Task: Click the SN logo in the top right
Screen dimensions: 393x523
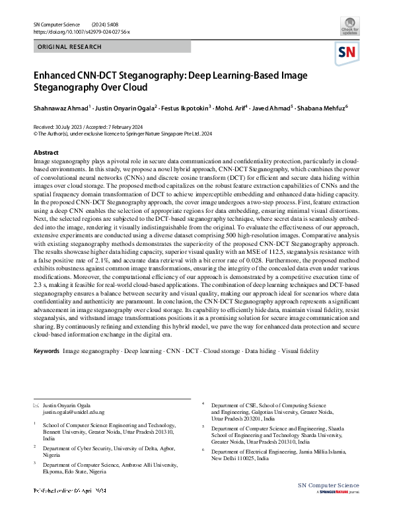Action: coord(348,53)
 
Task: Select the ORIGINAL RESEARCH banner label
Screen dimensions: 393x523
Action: coord(70,48)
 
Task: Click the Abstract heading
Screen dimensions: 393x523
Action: coord(46,153)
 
